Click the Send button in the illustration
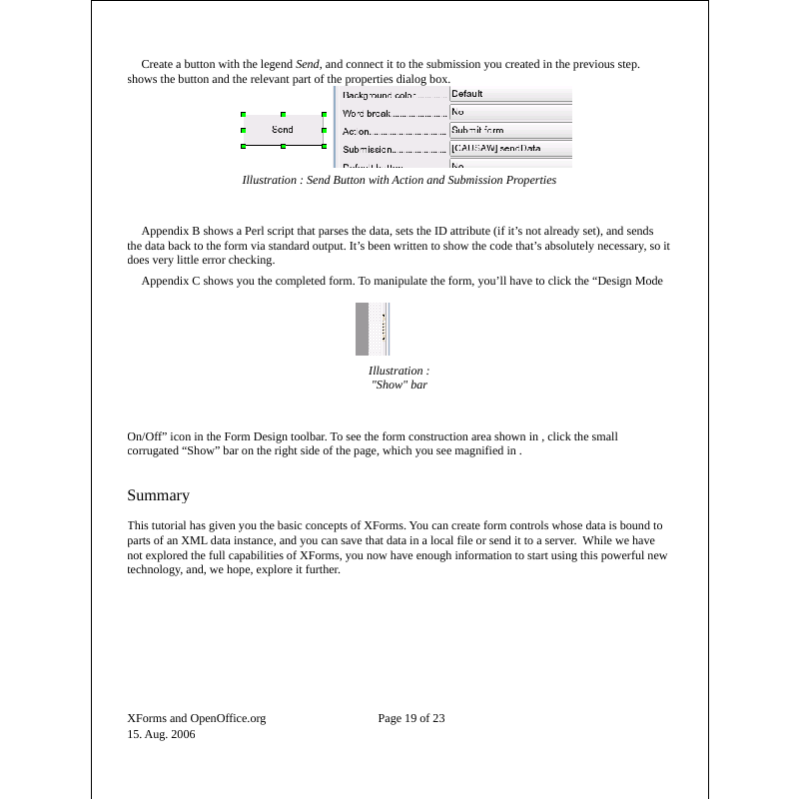click(x=283, y=130)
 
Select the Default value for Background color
click(x=466, y=94)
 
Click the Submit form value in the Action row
click(x=477, y=130)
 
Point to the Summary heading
click(x=158, y=495)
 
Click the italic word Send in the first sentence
click(x=308, y=64)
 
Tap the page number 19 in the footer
click(x=410, y=718)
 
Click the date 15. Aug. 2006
click(x=161, y=734)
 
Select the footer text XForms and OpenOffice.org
click(x=197, y=718)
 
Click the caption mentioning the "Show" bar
click(x=399, y=378)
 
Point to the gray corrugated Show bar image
click(x=372, y=330)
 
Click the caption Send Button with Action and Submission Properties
click(x=399, y=181)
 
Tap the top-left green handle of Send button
click(x=244, y=114)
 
